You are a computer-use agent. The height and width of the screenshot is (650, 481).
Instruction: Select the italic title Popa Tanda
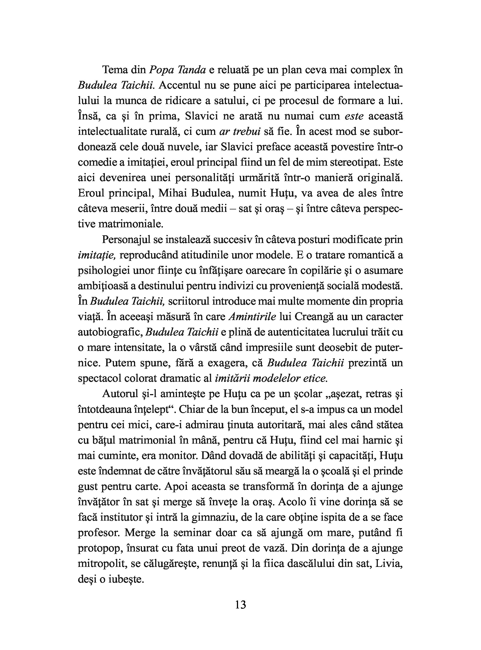[177, 70]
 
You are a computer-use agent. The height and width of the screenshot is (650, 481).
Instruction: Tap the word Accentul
[177, 85]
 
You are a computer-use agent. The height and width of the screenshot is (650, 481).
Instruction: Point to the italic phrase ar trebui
[240, 132]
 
